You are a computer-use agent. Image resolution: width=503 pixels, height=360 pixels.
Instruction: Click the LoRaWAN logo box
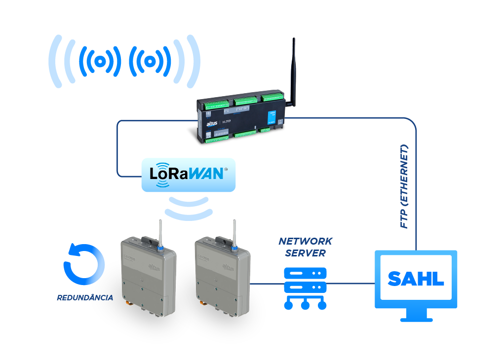coord(188,175)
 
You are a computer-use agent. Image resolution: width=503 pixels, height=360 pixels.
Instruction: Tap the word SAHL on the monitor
coord(416,279)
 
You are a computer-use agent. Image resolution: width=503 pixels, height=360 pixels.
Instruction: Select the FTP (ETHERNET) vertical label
coord(405,186)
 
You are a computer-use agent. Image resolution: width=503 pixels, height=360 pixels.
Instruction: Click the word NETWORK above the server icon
coord(305,242)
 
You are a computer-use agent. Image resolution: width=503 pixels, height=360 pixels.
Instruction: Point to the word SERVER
coord(305,253)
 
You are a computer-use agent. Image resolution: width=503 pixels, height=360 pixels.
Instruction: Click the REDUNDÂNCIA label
coord(85,298)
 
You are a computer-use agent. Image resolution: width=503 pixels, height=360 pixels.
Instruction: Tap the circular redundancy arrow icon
coord(84,264)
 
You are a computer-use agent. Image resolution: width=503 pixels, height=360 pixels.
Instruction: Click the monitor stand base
coord(416,319)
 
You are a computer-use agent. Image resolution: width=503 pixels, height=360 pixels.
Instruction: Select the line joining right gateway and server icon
coord(267,284)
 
